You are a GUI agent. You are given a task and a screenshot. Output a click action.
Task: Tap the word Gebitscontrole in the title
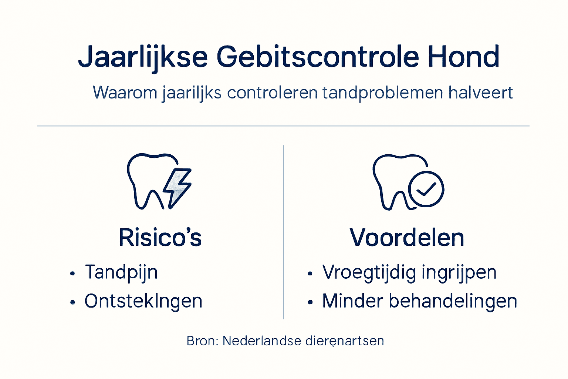[x=318, y=57]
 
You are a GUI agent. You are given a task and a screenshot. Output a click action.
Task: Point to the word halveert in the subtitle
[x=480, y=93]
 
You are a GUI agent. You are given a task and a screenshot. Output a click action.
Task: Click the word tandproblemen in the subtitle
[x=382, y=93]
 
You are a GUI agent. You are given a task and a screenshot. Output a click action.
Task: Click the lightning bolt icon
[x=178, y=187]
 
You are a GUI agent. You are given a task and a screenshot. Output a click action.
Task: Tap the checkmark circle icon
[x=426, y=189]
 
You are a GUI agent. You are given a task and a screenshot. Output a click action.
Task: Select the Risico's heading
[x=160, y=237]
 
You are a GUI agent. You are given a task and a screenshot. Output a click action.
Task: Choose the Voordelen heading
[x=407, y=237]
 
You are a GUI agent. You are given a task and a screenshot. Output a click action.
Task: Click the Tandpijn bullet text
[x=121, y=272]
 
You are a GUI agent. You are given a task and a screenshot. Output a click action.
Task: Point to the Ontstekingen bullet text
[x=143, y=301]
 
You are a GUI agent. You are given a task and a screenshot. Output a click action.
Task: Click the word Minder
[x=352, y=301]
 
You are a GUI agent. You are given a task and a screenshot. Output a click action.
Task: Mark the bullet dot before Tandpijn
[x=73, y=274]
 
